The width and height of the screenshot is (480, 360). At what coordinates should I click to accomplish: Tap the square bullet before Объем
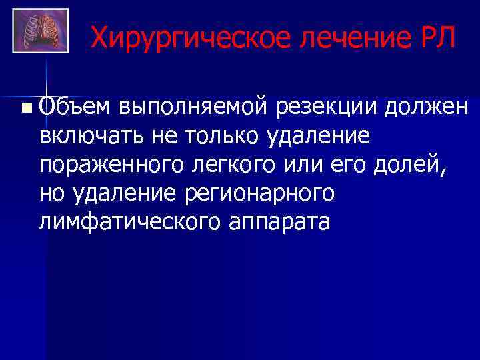pyautogui.click(x=25, y=107)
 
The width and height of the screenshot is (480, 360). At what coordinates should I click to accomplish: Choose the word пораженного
pyautogui.click(x=107, y=164)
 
